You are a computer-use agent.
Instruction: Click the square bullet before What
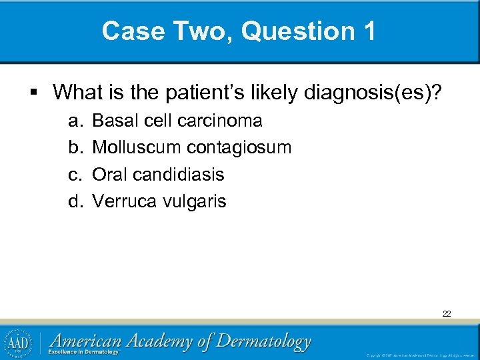coord(41,91)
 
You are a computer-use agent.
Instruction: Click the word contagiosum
coord(239,147)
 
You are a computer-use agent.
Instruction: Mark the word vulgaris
coord(195,201)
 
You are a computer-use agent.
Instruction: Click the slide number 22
coord(446,313)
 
